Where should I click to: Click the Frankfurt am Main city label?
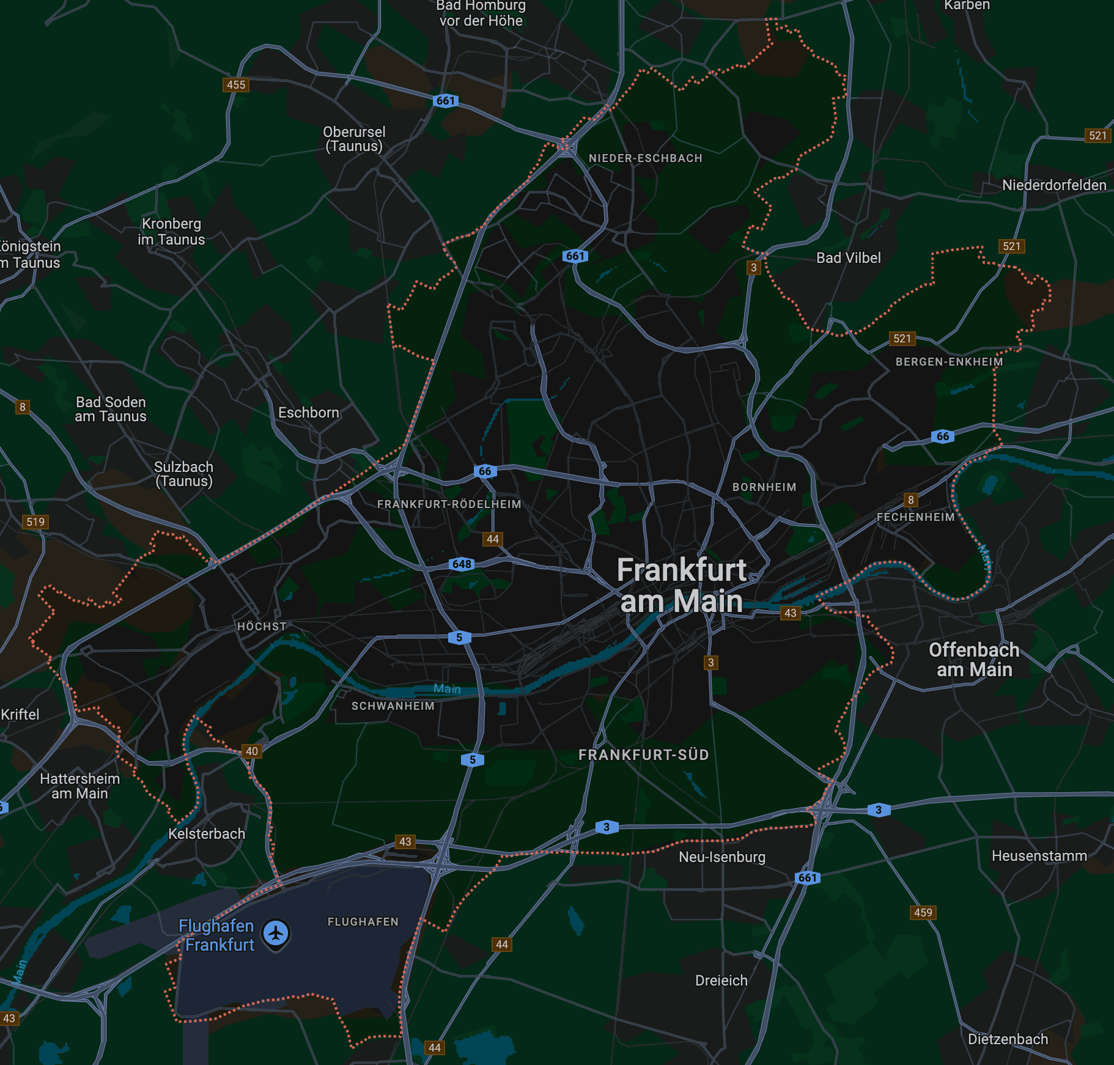681,585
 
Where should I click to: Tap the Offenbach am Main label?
974,660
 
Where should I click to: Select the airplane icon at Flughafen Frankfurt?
276,934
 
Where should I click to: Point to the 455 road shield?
236,85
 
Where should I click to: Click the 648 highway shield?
462,564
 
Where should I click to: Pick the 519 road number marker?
35,521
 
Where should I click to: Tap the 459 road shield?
923,913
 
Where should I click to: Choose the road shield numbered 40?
252,751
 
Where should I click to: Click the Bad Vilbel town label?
848,258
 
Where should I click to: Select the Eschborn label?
308,413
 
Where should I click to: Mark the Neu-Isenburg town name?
722,857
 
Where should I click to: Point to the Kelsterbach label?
207,834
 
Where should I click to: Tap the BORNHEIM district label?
764,487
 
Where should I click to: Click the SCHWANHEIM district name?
393,706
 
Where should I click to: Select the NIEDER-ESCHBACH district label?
645,158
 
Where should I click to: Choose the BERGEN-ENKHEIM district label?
949,362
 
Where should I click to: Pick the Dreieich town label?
721,981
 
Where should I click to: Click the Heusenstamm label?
1039,856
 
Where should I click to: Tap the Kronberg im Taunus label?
171,232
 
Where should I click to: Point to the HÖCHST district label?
262,627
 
